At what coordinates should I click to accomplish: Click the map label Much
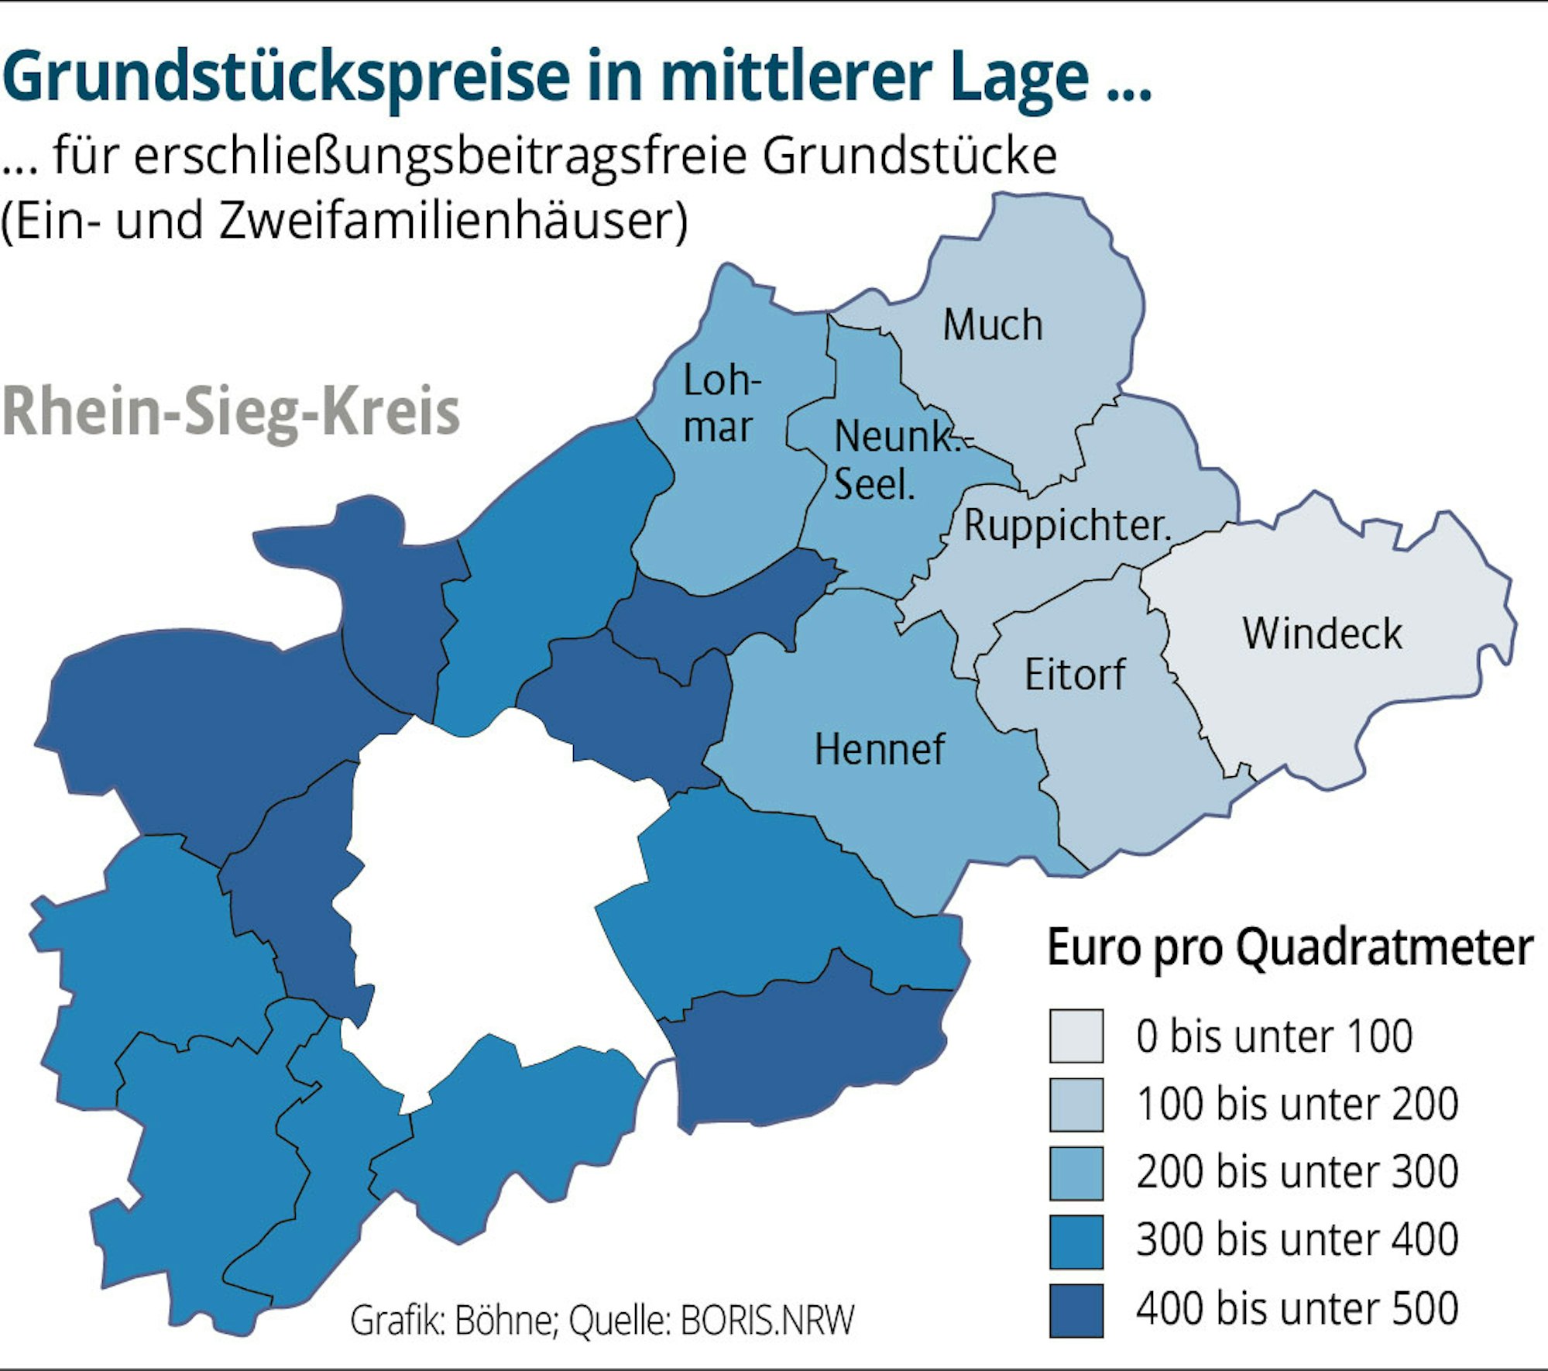[x=992, y=325]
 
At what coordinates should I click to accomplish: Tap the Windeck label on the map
[x=1322, y=634]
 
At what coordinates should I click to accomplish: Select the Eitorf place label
[x=1074, y=675]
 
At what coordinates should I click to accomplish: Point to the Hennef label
[x=879, y=750]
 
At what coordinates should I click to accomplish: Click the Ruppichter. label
[x=1067, y=526]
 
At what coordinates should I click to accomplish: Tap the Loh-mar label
[x=720, y=404]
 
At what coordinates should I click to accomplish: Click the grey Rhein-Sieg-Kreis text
[x=231, y=412]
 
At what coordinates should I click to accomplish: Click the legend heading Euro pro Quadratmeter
[x=1289, y=947]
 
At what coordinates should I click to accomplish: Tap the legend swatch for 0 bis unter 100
[x=1076, y=1036]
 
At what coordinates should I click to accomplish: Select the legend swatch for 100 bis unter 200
[x=1076, y=1104]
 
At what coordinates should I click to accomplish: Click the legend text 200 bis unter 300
[x=1297, y=1171]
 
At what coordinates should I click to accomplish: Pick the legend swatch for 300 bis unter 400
[x=1076, y=1239]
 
